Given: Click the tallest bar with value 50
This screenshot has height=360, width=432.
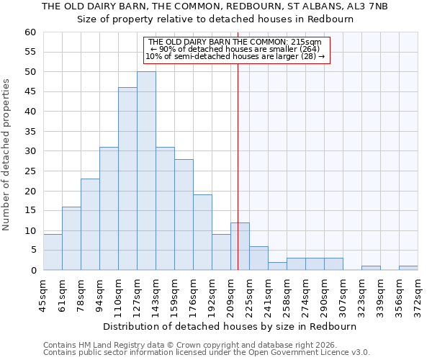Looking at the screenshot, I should [x=146, y=171].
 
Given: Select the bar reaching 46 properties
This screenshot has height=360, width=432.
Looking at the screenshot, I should [x=127, y=179].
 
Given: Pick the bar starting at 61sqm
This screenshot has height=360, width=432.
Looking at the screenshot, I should [x=71, y=238].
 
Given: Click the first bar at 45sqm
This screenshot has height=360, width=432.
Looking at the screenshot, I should [x=53, y=252].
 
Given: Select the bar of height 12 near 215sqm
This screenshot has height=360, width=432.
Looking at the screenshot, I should [x=240, y=246].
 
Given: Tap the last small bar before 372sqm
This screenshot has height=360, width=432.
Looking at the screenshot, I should [x=408, y=268].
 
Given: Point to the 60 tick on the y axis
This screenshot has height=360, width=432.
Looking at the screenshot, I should [x=30, y=32].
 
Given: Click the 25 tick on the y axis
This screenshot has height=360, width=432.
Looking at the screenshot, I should [x=30, y=171].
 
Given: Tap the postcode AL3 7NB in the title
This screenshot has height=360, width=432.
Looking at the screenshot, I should [x=370, y=6].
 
